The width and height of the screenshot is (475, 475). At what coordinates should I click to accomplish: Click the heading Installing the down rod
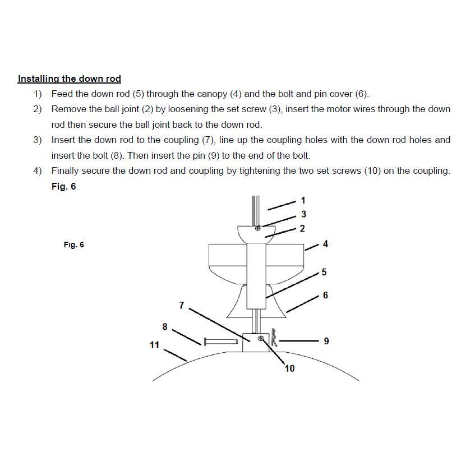(x=69, y=79)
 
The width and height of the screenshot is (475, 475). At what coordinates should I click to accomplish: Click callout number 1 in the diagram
(x=303, y=200)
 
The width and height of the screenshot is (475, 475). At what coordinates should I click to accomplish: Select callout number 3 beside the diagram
(x=303, y=214)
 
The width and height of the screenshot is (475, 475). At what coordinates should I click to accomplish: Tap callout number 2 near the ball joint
(x=302, y=228)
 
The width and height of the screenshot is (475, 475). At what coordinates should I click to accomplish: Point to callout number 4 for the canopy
(x=325, y=244)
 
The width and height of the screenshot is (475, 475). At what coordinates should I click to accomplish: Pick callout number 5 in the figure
(x=324, y=273)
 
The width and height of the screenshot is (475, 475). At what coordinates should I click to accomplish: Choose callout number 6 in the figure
(x=325, y=296)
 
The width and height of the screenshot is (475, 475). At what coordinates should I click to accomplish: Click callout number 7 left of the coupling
(x=181, y=306)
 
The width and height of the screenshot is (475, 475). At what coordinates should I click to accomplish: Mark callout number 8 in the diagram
(x=165, y=326)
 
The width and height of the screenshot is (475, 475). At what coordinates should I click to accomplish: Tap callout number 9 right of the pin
(x=326, y=340)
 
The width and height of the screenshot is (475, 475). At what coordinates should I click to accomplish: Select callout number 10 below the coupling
(x=289, y=368)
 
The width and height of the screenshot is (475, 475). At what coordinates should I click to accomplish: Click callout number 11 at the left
(x=154, y=345)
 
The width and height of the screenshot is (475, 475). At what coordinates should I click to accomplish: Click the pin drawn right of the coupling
(x=274, y=339)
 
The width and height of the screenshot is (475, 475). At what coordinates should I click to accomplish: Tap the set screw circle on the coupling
(x=261, y=339)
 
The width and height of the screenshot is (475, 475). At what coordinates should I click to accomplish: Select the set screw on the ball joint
(x=258, y=228)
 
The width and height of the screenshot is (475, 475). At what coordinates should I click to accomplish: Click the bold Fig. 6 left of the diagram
(x=73, y=245)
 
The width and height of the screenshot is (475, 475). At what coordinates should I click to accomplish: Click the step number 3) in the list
(x=37, y=140)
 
